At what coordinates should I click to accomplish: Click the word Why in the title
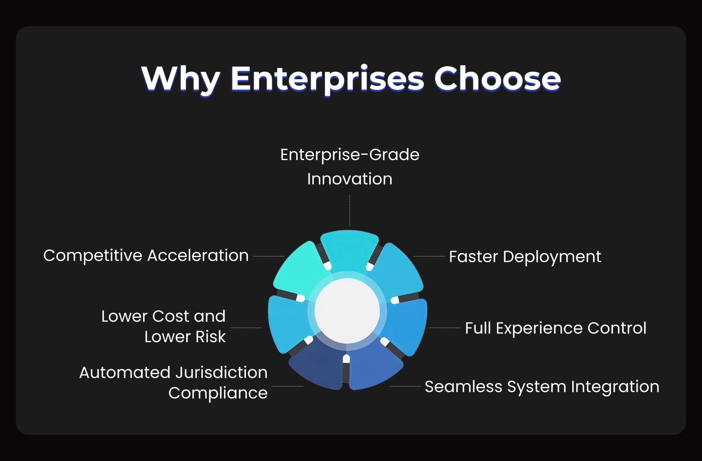(180, 79)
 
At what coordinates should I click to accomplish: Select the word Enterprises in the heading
(327, 79)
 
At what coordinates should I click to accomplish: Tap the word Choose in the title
(497, 79)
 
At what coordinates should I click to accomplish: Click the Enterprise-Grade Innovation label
(350, 167)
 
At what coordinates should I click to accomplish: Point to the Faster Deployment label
(525, 257)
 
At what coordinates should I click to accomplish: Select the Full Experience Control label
(555, 328)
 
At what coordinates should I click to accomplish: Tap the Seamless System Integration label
(542, 387)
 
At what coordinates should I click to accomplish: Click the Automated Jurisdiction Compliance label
(173, 382)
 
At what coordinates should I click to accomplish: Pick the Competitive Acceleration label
(146, 255)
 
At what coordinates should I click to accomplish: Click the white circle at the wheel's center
(347, 311)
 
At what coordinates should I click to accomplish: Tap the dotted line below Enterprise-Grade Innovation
(350, 210)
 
